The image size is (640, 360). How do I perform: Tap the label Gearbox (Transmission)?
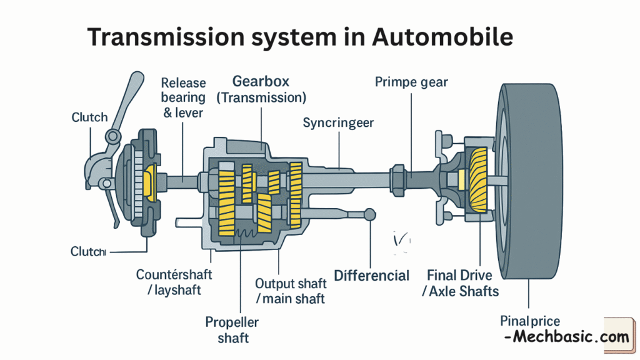pos(261,89)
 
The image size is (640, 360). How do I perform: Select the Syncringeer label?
pos(338,122)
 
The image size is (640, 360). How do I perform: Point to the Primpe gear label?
pos(411,82)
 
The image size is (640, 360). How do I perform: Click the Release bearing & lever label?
pos(182,97)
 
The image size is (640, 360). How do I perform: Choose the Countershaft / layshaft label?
pos(174,282)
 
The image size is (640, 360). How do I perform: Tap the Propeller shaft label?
pos(232,330)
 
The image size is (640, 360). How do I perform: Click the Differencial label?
pos(372,276)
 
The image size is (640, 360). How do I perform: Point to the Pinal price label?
pos(530,321)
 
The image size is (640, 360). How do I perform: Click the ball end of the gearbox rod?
pos(371,214)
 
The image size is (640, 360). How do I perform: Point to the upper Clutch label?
pos(89,117)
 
